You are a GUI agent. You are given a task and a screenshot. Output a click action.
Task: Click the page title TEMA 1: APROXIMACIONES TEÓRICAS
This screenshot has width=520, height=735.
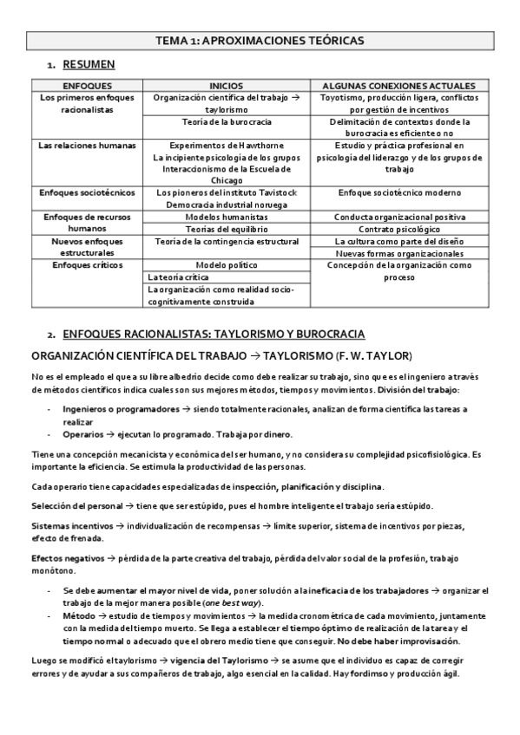260,40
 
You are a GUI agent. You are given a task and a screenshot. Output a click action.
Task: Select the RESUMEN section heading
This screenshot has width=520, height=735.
89,65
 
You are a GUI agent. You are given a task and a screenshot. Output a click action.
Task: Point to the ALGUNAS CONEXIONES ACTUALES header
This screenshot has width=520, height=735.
398,87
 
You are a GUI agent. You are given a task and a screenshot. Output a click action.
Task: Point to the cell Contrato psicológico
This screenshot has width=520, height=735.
398,228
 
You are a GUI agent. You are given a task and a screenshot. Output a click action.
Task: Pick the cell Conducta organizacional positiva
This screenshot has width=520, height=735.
398,216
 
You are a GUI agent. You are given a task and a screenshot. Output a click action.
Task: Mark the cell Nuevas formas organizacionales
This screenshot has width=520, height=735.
398,252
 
